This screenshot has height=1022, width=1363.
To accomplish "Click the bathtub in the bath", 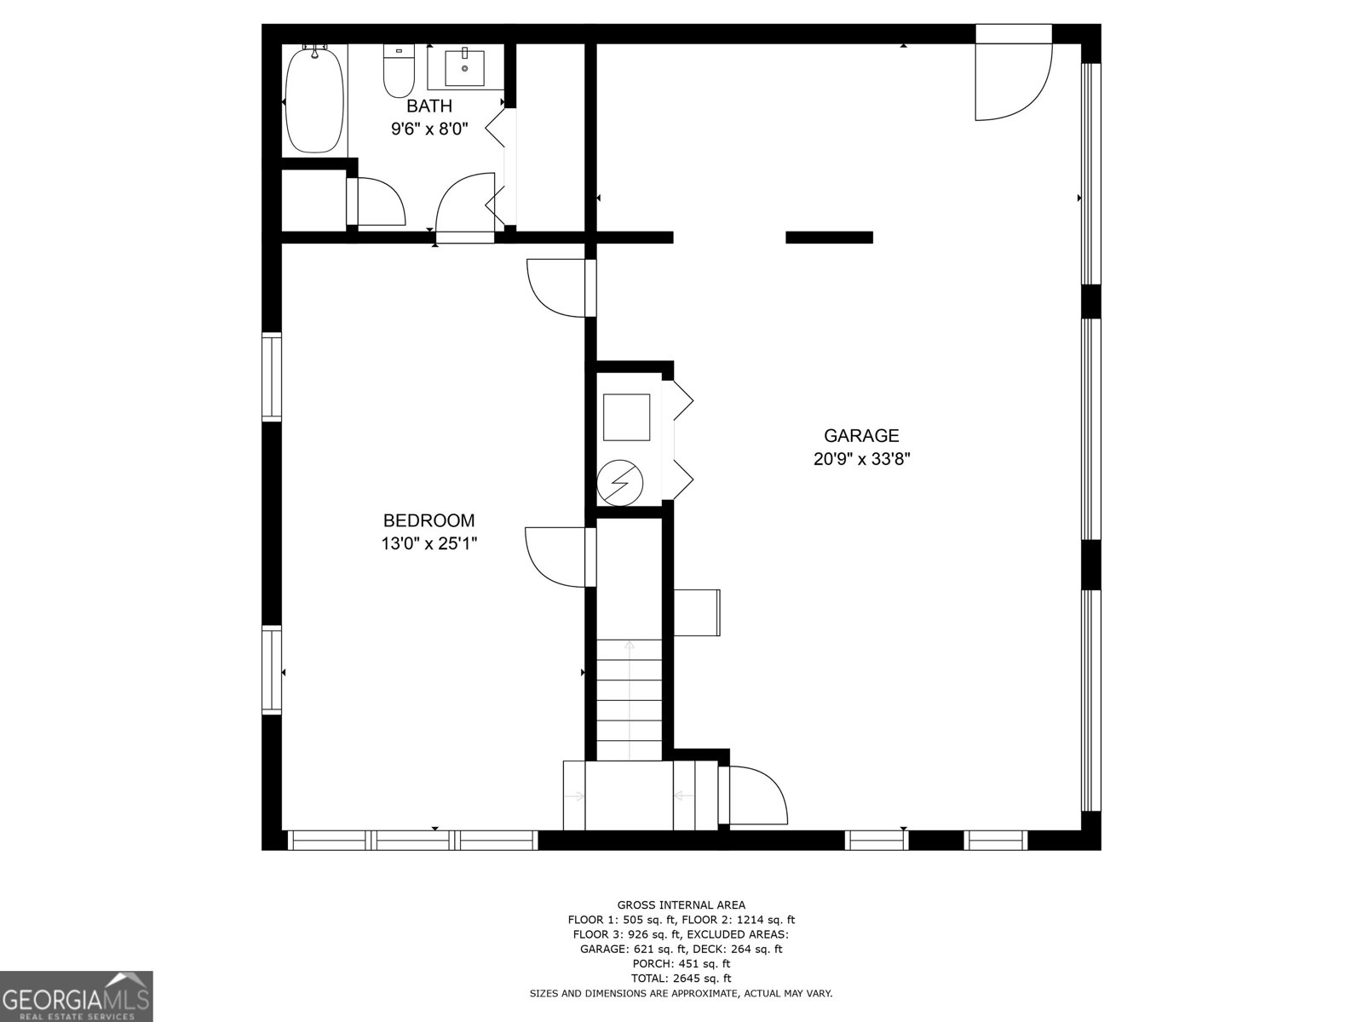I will coord(314,100).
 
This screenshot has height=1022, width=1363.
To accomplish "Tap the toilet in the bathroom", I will coord(398,72).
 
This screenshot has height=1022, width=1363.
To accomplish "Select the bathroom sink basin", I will coord(465,68).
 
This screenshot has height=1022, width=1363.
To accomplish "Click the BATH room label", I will coord(428,106).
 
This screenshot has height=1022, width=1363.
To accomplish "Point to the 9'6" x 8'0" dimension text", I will coord(428,129).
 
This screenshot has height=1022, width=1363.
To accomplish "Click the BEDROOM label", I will coord(428,520).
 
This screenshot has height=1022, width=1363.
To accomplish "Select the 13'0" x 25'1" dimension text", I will coord(428,543).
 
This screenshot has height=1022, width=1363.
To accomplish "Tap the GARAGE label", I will coord(861,435).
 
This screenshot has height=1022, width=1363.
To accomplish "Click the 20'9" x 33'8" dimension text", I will coord(861,459).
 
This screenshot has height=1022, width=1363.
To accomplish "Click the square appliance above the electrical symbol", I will coord(626,416).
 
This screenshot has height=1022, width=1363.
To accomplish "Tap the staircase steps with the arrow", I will coord(629,698).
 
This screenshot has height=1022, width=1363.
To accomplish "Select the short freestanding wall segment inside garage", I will coord(829,238).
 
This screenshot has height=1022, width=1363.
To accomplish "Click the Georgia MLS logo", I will coord(76,996).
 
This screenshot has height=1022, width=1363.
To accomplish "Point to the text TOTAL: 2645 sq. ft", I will coord(681,979).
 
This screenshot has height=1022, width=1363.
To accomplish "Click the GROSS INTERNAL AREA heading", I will coord(681,905).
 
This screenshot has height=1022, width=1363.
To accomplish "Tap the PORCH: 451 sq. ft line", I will coord(681,964).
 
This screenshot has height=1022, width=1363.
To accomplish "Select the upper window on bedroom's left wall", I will coord(271,377).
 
